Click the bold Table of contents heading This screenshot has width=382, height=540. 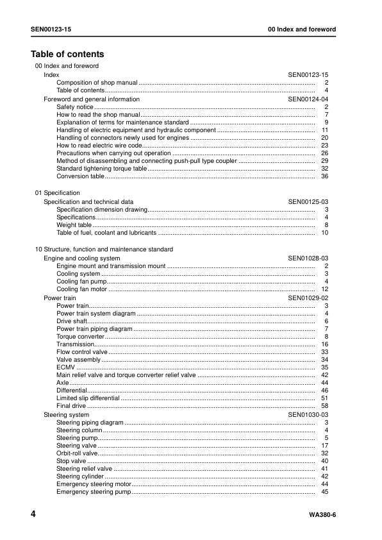(x=67, y=55)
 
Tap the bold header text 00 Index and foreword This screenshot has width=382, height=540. (x=302, y=30)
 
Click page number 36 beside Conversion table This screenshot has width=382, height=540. (x=324, y=176)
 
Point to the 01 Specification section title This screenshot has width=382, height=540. (x=57, y=193)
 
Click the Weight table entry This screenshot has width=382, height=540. (x=74, y=225)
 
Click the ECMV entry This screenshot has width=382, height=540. (x=65, y=367)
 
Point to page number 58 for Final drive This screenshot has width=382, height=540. (x=324, y=406)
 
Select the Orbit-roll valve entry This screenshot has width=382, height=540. (x=77, y=453)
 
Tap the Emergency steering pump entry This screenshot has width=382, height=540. (x=93, y=492)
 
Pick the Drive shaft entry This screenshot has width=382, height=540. (x=71, y=321)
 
